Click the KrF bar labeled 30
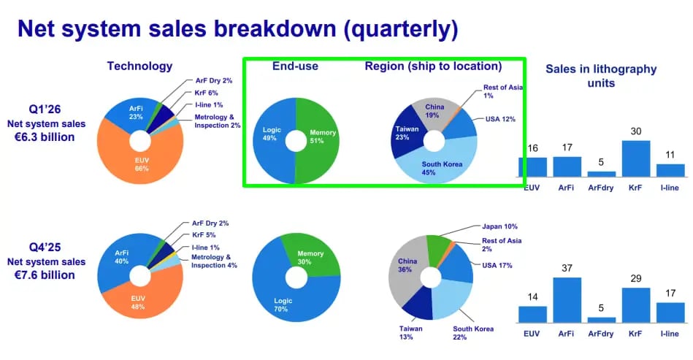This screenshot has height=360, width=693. [635, 158]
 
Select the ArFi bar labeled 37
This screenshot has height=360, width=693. [567, 300]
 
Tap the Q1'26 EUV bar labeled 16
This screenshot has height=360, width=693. [532, 167]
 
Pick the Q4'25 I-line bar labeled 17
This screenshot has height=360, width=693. [670, 313]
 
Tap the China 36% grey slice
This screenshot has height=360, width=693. [405, 269]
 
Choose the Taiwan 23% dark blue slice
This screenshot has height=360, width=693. [407, 132]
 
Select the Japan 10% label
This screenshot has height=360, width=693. [499, 226]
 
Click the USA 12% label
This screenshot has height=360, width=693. [500, 119]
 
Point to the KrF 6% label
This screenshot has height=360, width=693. [206, 93]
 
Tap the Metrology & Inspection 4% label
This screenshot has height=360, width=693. [214, 261]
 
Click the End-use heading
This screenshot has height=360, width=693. [295, 66]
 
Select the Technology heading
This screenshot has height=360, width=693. [139, 66]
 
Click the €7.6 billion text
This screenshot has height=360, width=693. [45, 275]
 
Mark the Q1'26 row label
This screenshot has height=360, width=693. [45, 109]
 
